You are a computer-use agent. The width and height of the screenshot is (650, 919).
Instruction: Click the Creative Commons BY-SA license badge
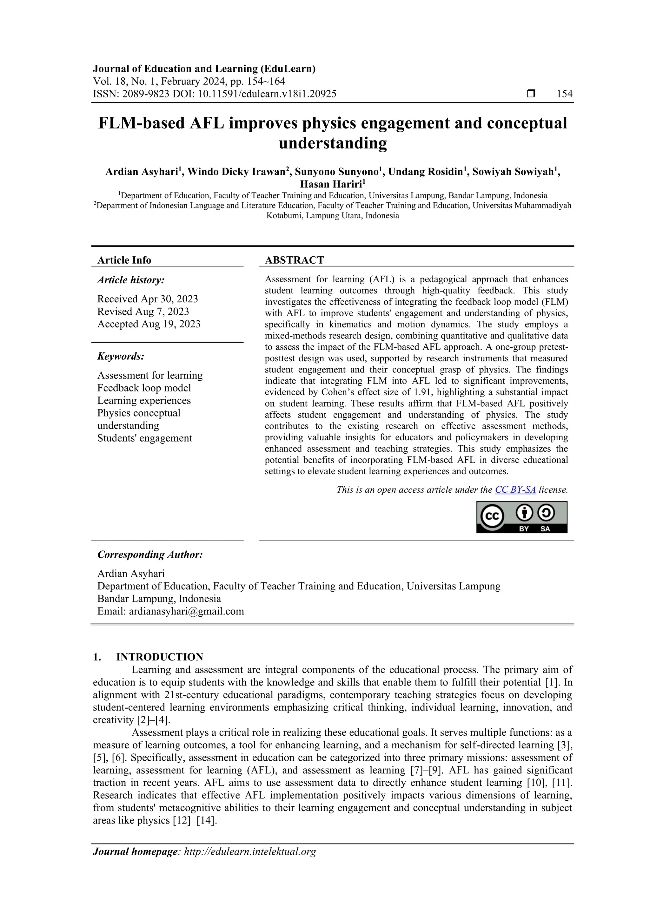tap(521, 517)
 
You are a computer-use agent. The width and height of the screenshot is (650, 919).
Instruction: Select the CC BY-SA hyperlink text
tap(515, 489)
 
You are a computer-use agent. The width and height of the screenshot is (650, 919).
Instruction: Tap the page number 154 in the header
tap(564, 94)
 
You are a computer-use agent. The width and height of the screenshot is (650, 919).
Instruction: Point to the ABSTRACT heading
tap(294, 260)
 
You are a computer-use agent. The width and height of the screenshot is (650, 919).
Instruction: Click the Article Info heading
tap(124, 260)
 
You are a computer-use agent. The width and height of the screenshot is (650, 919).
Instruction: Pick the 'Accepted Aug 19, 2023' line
tap(149, 324)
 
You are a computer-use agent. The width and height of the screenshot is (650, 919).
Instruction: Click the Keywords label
tap(121, 356)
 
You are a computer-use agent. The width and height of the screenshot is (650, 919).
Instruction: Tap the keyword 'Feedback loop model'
tap(144, 388)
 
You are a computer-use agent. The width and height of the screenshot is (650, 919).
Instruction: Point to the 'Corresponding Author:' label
tap(150, 555)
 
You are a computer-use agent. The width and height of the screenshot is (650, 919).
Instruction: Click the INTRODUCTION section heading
tap(159, 657)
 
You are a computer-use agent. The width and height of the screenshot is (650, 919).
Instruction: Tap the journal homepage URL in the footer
tap(249, 851)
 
